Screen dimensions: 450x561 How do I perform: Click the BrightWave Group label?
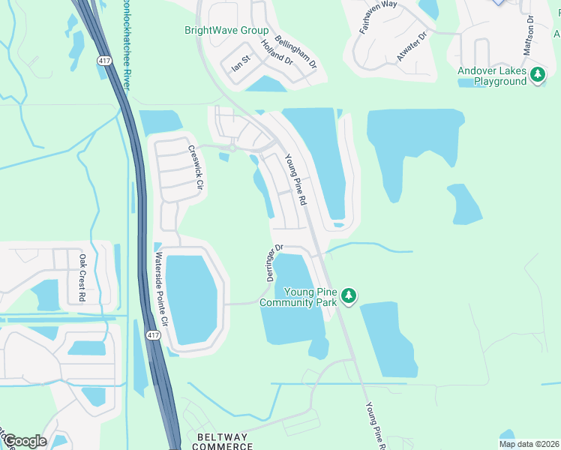pyautogui.click(x=226, y=31)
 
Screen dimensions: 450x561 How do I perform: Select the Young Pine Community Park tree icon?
pyautogui.click(x=348, y=296)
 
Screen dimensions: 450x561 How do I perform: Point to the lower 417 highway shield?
pyautogui.click(x=153, y=334)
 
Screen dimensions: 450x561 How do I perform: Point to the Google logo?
pyautogui.click(x=24, y=441)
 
